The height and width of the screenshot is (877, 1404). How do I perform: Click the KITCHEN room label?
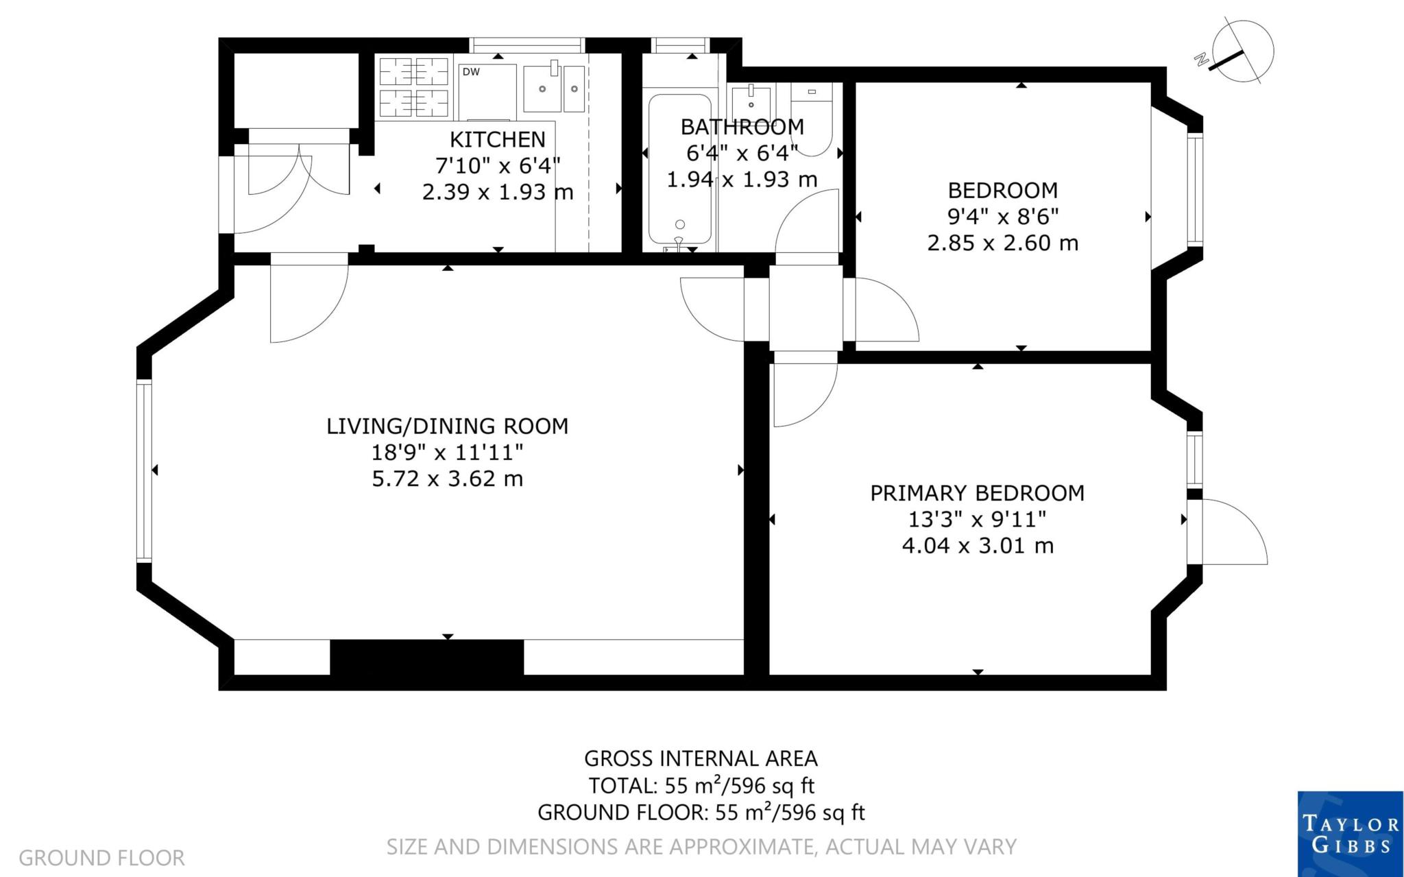click(498, 139)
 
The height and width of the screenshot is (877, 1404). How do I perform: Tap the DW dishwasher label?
click(471, 72)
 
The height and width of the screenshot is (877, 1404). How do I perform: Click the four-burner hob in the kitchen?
click(414, 86)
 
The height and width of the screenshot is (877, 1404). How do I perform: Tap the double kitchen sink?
click(554, 88)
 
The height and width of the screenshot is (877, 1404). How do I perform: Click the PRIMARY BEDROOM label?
click(978, 493)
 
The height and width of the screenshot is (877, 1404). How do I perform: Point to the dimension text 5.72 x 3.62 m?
click(448, 478)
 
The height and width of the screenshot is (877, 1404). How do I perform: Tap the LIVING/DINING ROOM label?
click(448, 426)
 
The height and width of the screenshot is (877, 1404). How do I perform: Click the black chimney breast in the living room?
click(427, 657)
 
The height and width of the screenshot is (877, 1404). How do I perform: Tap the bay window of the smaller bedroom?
click(1195, 190)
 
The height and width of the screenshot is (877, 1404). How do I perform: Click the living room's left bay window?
click(143, 472)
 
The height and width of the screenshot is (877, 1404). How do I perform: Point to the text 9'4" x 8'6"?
click(1003, 217)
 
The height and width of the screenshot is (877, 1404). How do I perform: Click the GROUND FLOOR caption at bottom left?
click(101, 858)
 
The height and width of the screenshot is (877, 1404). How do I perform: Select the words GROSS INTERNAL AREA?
click(701, 758)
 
